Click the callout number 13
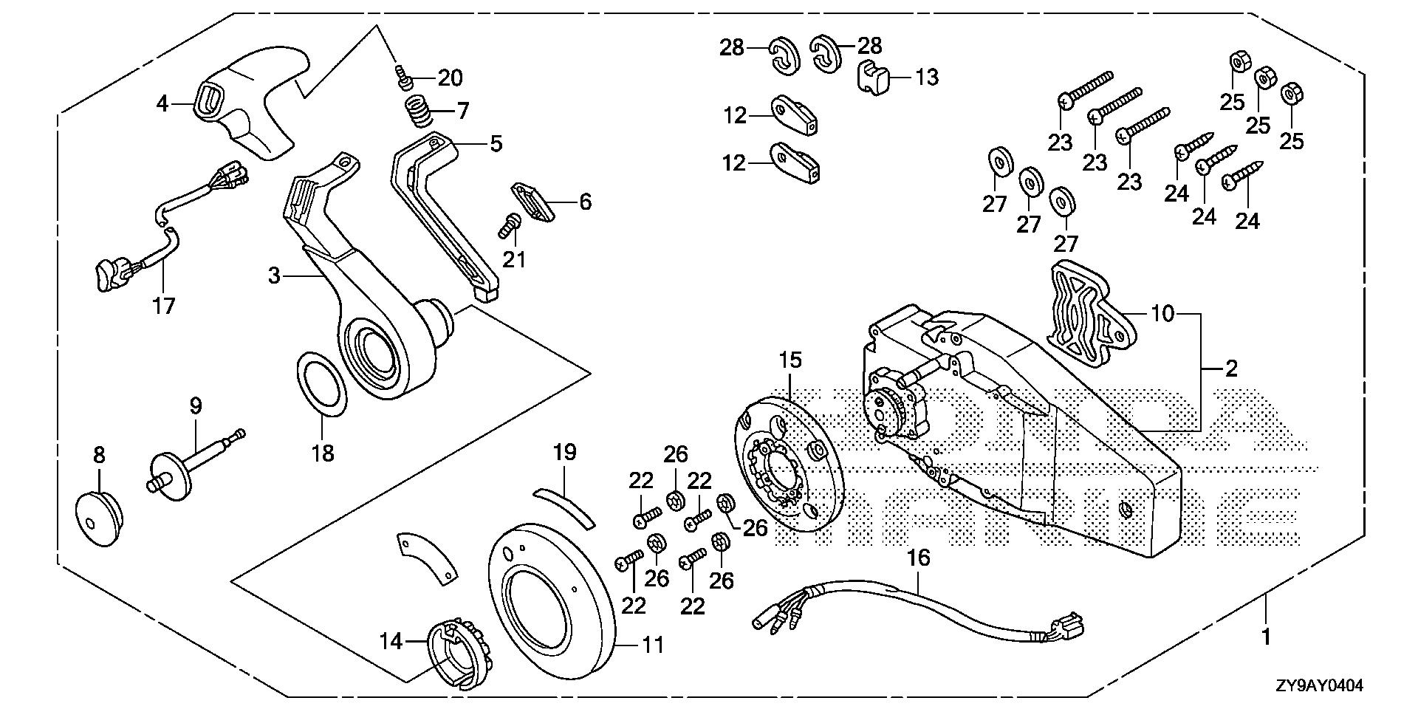pos(927,77)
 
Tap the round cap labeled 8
pos(99,516)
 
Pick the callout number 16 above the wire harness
pos(919,558)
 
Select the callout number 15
pos(790,361)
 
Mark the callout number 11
pos(652,645)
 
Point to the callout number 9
pos(195,405)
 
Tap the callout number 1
pos(1266,636)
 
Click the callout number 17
pos(163,305)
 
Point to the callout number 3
pos(274,277)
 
